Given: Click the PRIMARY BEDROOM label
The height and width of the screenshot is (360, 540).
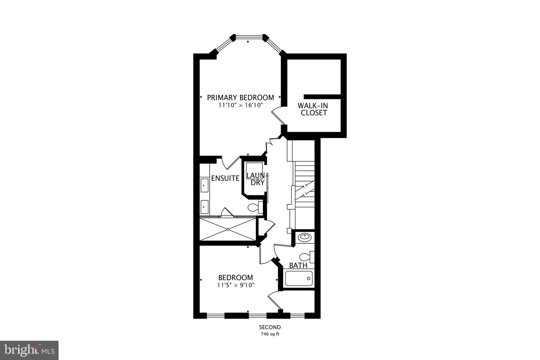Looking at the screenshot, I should [x=240, y=97].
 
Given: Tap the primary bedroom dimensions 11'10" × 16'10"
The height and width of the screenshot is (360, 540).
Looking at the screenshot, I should [x=240, y=105].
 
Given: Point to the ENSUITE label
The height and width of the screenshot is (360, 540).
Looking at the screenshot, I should [x=225, y=178].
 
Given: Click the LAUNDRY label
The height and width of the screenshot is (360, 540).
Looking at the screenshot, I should [x=255, y=179].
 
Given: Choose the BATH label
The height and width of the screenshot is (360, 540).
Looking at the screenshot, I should [x=298, y=265].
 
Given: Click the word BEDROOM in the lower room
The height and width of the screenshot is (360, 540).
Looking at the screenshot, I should [x=235, y=277].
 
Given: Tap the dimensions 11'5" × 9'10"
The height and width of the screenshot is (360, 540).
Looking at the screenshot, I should [x=235, y=285].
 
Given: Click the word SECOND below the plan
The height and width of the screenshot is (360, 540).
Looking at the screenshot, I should [x=270, y=327].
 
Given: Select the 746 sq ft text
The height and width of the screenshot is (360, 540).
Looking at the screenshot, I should [x=270, y=334].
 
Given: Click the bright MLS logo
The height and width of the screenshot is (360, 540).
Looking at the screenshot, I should [x=29, y=350].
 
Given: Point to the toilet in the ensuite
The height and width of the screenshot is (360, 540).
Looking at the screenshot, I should [x=255, y=207].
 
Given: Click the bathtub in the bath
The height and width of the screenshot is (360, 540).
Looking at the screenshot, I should [x=298, y=279].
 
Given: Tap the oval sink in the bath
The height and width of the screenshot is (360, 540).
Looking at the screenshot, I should [x=304, y=237].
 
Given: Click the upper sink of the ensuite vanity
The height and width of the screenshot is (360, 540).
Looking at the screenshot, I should [x=204, y=185].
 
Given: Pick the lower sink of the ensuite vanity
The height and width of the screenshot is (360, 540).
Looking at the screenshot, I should [x=204, y=206].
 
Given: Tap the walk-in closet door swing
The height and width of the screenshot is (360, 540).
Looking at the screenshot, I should [x=278, y=112].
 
